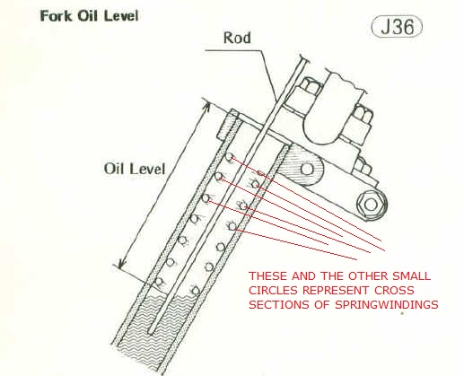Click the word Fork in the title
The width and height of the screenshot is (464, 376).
point(57,16)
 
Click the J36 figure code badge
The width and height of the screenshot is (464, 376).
point(397,26)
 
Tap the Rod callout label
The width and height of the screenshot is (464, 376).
point(237,38)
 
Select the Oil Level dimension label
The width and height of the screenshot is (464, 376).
point(135,169)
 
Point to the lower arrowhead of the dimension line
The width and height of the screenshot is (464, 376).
point(121,264)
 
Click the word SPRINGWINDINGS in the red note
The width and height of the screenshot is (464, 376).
point(387,304)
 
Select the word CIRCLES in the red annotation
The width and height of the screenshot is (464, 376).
point(273,290)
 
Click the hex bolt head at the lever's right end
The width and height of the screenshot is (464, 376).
point(371,205)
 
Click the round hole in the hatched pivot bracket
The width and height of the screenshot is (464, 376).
point(307,169)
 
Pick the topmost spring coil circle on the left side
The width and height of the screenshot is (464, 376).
point(229,157)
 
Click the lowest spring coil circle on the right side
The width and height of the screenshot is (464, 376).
point(196,291)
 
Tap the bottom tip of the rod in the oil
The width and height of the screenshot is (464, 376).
point(151,332)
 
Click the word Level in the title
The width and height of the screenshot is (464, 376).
point(121,16)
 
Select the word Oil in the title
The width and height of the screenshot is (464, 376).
point(88,16)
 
